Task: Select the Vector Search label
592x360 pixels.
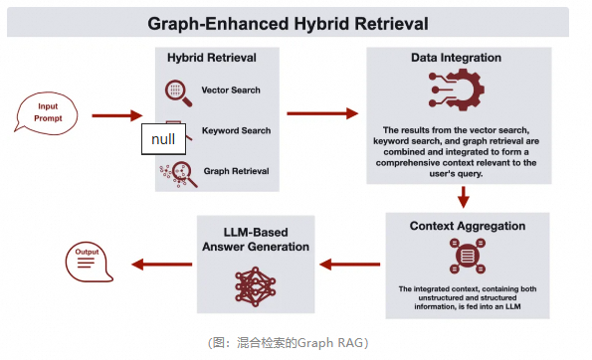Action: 230,91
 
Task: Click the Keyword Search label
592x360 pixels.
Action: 236,130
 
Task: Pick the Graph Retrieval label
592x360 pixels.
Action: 236,171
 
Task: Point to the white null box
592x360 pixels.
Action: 163,138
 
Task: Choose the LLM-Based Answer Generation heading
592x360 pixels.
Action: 253,240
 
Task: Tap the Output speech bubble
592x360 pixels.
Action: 88,262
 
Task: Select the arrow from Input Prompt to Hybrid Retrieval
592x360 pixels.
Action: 116,115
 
